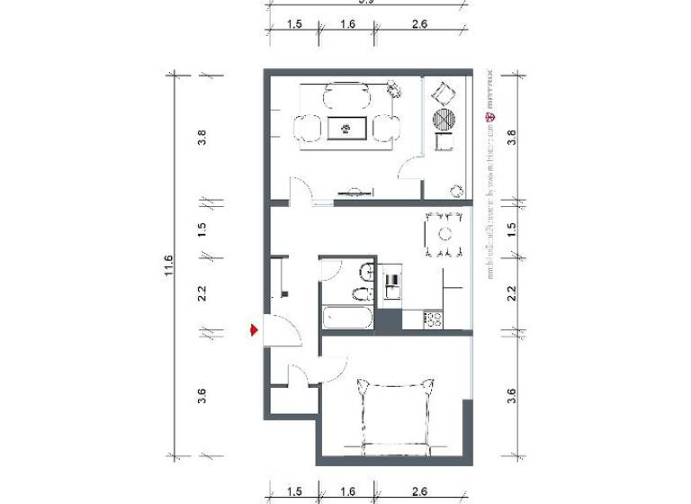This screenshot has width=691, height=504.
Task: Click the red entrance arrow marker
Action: pos(255,331)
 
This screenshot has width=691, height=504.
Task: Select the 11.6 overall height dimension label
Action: pos(169,265)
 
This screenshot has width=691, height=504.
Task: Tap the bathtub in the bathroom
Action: pos(347,317)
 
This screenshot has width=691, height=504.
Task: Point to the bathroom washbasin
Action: pos(367,272)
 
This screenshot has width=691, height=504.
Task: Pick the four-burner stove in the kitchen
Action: pos(433,318)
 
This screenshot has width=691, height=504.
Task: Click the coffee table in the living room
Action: pos(345,129)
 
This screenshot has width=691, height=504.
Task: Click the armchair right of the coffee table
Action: pos(385,129)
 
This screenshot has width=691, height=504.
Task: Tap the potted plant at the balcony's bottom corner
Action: pos(457,190)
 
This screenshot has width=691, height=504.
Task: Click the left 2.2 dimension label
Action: pos(202,292)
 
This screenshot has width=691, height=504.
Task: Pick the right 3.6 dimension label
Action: pos(511,395)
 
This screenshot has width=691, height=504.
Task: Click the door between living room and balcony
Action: pos(409,168)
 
